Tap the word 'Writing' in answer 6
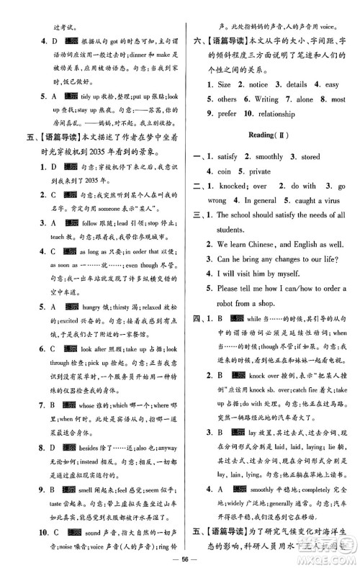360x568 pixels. click(x=266, y=99)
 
